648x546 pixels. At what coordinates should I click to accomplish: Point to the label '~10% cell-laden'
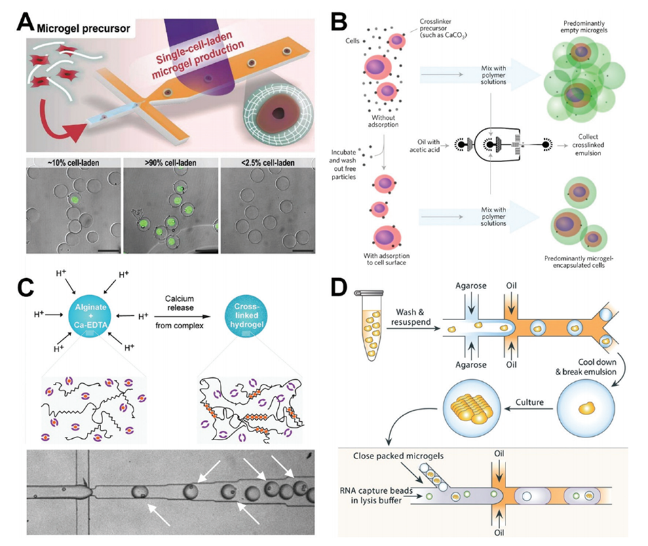click(x=64, y=163)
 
